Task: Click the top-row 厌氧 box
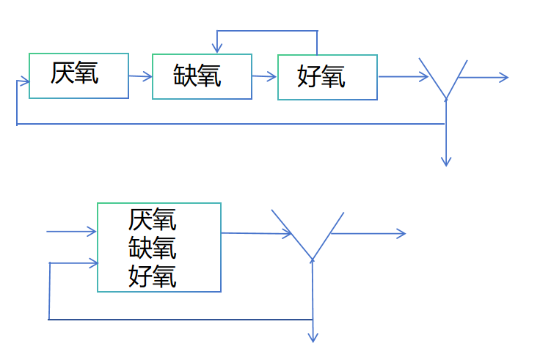pyautogui.click(x=79, y=76)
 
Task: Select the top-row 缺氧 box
pyautogui.click(x=202, y=76)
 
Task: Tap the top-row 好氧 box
pyautogui.click(x=327, y=76)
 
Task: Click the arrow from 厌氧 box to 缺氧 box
pyautogui.click(x=140, y=76)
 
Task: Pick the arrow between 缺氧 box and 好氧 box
pyautogui.click(x=264, y=76)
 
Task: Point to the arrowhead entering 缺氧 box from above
pyautogui.click(x=218, y=49)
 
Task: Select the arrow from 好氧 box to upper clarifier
pyautogui.click(x=402, y=76)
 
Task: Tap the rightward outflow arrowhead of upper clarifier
pyautogui.click(x=503, y=77)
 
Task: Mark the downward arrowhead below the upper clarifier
pyautogui.click(x=446, y=161)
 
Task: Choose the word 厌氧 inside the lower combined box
pyautogui.click(x=153, y=219)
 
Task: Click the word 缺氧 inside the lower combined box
pyautogui.click(x=153, y=248)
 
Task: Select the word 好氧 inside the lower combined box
pyautogui.click(x=153, y=276)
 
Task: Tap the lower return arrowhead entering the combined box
pyautogui.click(x=93, y=263)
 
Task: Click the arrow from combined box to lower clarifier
pyautogui.click(x=257, y=233)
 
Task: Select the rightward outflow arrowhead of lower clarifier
pyautogui.click(x=401, y=233)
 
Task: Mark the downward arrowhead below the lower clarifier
pyautogui.click(x=313, y=337)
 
